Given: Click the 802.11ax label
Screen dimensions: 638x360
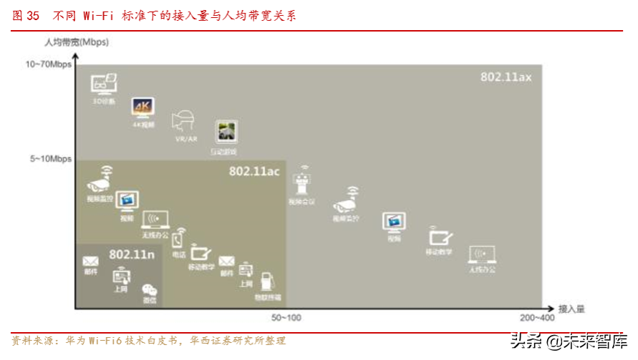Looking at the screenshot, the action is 506,77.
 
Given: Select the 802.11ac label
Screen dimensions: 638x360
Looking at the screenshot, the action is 254,172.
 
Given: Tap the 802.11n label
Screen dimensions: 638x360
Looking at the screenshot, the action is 132,254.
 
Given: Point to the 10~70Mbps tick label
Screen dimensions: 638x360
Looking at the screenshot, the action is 49,64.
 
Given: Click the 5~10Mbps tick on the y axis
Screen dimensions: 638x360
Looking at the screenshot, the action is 51,159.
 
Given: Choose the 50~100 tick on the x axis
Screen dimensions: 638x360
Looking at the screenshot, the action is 286,317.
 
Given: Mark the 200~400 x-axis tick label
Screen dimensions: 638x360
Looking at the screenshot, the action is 538,317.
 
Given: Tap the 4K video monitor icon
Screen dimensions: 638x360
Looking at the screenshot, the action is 139,107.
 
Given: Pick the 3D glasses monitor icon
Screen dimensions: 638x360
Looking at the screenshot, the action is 103,84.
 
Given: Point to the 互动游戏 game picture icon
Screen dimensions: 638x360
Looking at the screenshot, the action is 227,132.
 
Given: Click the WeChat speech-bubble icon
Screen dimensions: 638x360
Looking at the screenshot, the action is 149,290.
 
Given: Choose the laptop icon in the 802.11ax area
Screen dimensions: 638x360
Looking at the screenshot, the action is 481,254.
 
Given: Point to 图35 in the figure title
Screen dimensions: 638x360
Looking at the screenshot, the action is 26,16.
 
